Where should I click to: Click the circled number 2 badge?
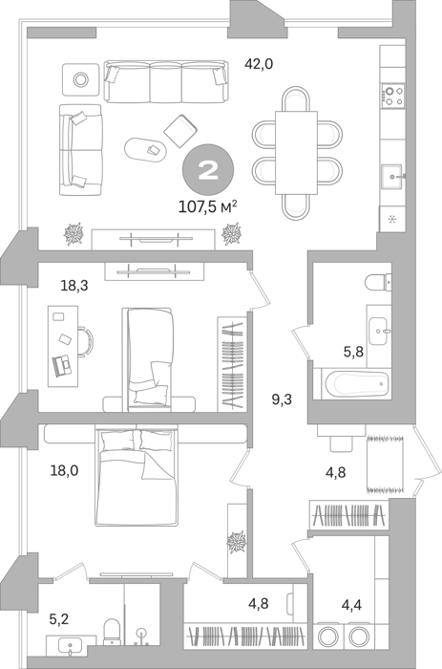208,170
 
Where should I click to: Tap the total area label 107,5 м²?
207,207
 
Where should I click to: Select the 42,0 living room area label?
259,64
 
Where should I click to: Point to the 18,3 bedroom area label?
74,286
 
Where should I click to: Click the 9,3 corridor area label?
283,399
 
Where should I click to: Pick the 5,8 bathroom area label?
354,352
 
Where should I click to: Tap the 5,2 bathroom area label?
59,618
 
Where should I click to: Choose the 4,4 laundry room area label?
351,604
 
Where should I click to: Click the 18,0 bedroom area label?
64,471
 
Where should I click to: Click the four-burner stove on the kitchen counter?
393,96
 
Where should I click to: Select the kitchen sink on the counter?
392,177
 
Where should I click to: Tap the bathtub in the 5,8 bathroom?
357,383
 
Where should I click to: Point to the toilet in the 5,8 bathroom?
378,282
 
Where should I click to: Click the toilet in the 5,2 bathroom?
112,632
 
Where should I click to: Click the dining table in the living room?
296,152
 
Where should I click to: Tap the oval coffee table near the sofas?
146,150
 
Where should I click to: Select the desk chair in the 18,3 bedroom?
86,341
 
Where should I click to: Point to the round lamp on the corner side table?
79,79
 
